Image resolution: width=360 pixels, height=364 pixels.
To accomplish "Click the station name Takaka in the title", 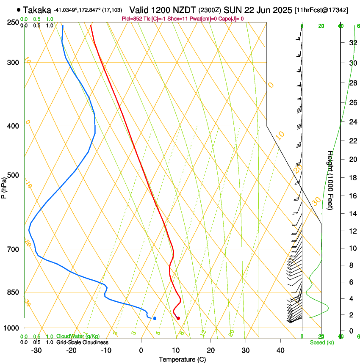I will [x=37, y=10].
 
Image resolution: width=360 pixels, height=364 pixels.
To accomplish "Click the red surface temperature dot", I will [x=178, y=318].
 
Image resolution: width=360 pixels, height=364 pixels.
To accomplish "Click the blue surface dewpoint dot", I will [x=155, y=318].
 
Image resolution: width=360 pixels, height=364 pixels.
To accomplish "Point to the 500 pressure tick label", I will [x=14, y=175].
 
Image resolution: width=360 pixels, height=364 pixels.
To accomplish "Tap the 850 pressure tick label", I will [x=14, y=292].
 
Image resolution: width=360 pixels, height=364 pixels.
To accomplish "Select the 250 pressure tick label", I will [x=14, y=22].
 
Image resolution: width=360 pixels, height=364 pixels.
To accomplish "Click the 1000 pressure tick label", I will [x=12, y=328].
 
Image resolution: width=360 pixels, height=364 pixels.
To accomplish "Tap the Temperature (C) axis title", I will [x=182, y=359].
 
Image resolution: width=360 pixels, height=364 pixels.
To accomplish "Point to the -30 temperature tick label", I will [x=36, y=350].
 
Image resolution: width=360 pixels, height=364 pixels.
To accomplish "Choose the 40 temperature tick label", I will [x=280, y=350].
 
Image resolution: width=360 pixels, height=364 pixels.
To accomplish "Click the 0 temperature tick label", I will [x=141, y=350].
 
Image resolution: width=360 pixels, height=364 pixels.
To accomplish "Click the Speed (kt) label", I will [x=321, y=342].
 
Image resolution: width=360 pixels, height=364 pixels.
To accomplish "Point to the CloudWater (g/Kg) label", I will [x=78, y=336].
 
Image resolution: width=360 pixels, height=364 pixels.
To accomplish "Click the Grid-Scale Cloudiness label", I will [x=82, y=342].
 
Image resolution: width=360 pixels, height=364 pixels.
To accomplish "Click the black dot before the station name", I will [x=18, y=9].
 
